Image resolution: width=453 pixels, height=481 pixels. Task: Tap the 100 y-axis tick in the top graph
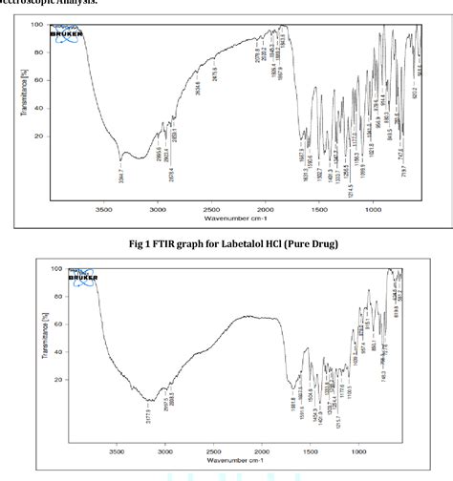37,24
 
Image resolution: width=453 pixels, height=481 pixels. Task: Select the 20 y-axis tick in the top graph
39,136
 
